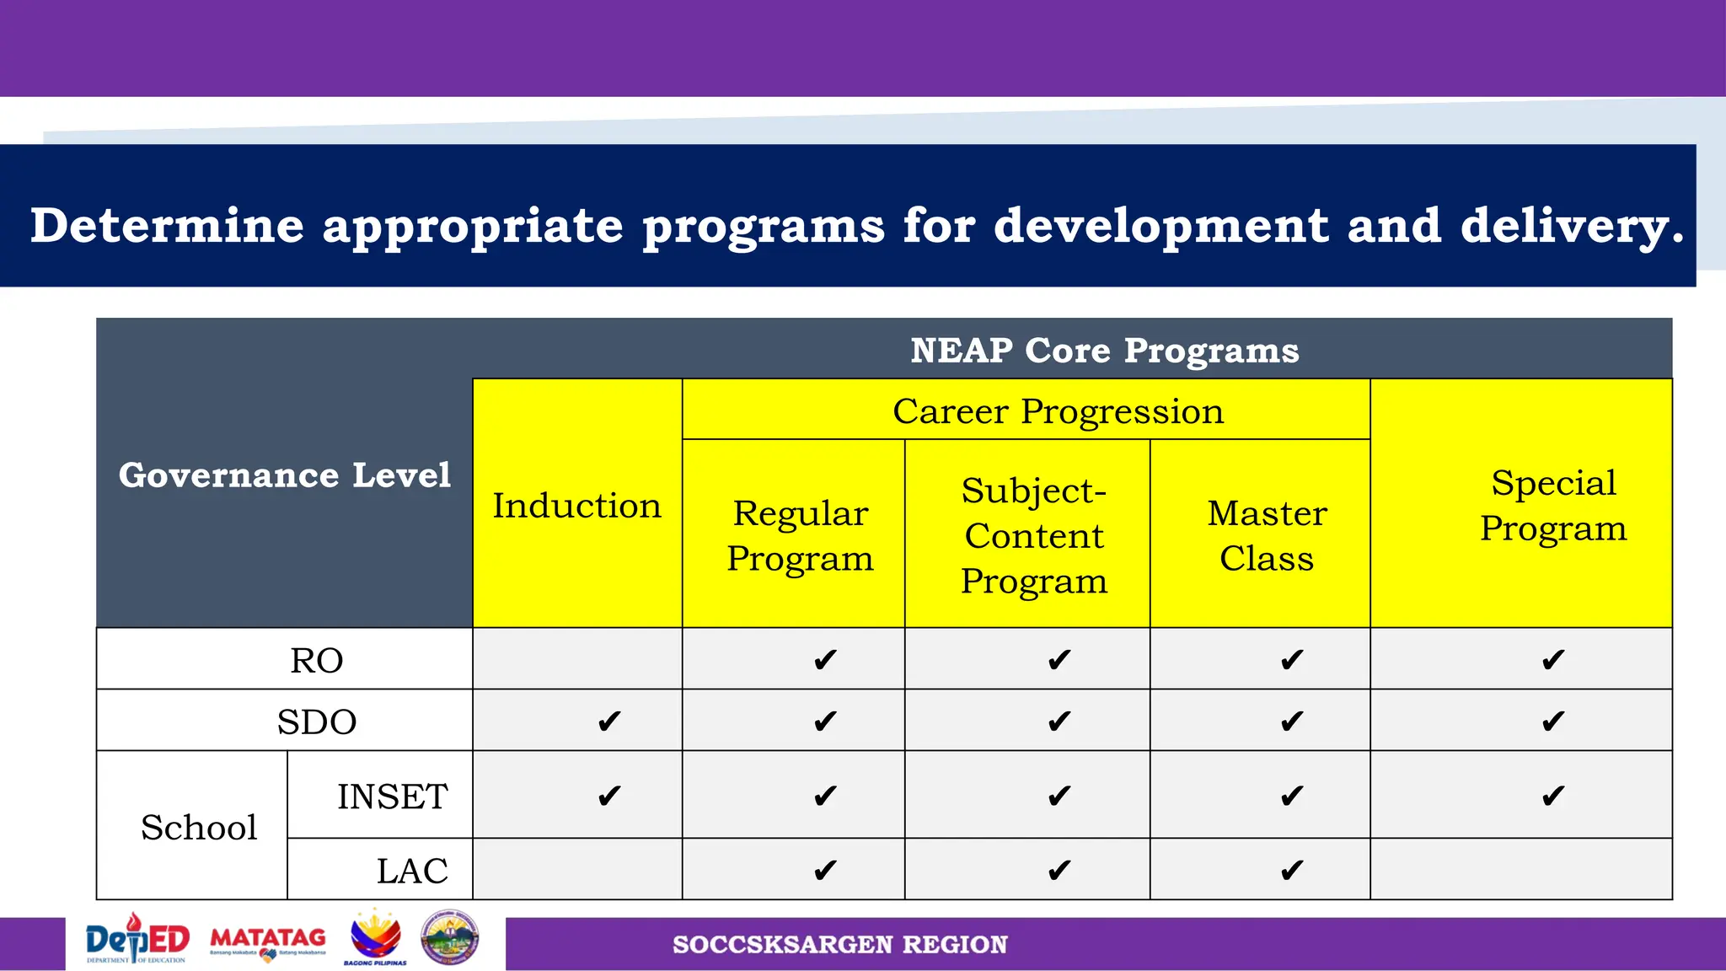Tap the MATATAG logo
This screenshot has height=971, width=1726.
pos(268,941)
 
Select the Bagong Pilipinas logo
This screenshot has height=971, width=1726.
pos(376,938)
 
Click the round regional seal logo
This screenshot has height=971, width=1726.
pos(450,937)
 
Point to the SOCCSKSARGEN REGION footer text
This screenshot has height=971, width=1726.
pos(839,944)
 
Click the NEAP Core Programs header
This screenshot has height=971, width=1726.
pos(1104,350)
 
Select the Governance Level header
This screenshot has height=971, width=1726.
pos(285,475)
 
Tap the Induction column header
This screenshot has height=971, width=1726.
pos(577,506)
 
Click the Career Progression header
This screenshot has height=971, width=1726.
pos(1058,411)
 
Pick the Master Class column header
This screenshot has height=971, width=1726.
pos(1267,535)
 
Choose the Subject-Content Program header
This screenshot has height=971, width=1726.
pos(1034,535)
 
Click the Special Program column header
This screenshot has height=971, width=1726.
pos(1553,506)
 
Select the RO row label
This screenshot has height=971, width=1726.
pos(317,660)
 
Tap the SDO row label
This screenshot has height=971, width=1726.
pos(317,722)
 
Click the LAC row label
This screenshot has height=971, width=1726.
pos(412,870)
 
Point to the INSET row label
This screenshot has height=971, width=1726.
pos(393,796)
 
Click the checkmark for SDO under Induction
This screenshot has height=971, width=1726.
pos(608,722)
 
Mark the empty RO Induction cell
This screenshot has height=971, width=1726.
pos(577,659)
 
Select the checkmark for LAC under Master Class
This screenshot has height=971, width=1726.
pos(1291,870)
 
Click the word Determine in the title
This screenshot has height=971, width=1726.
pos(167,226)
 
